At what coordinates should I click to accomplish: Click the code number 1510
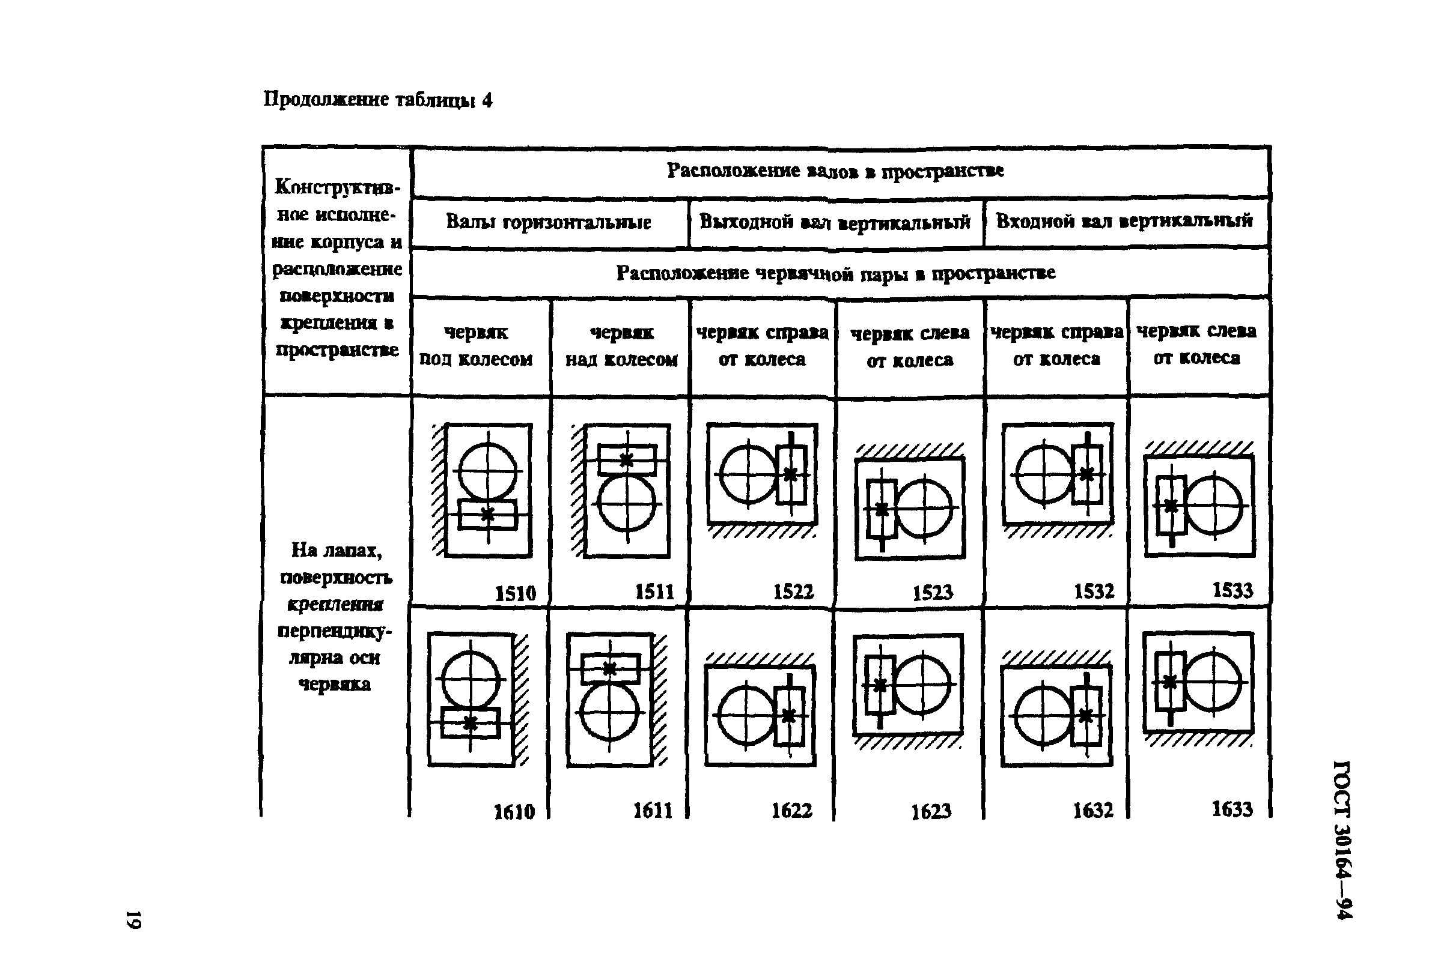point(515,593)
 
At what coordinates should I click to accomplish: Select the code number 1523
point(932,593)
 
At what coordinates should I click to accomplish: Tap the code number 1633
point(1232,809)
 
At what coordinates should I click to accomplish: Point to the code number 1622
point(792,811)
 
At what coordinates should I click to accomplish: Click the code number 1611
point(653,811)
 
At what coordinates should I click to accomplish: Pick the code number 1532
point(1093,591)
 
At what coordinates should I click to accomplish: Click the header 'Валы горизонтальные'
point(548,222)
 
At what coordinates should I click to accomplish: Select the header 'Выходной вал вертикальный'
point(835,222)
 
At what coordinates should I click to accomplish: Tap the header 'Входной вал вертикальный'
point(1123,220)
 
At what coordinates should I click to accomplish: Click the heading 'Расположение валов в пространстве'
point(835,170)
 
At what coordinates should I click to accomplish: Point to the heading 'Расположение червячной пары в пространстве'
point(835,272)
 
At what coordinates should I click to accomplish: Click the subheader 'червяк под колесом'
point(476,345)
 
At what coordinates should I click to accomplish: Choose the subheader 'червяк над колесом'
point(621,345)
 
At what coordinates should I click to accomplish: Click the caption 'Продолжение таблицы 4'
point(377,100)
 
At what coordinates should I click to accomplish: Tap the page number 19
point(133,919)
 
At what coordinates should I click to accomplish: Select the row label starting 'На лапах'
point(336,616)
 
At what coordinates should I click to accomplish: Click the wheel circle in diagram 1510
point(488,471)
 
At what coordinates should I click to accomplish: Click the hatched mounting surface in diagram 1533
point(1198,447)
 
